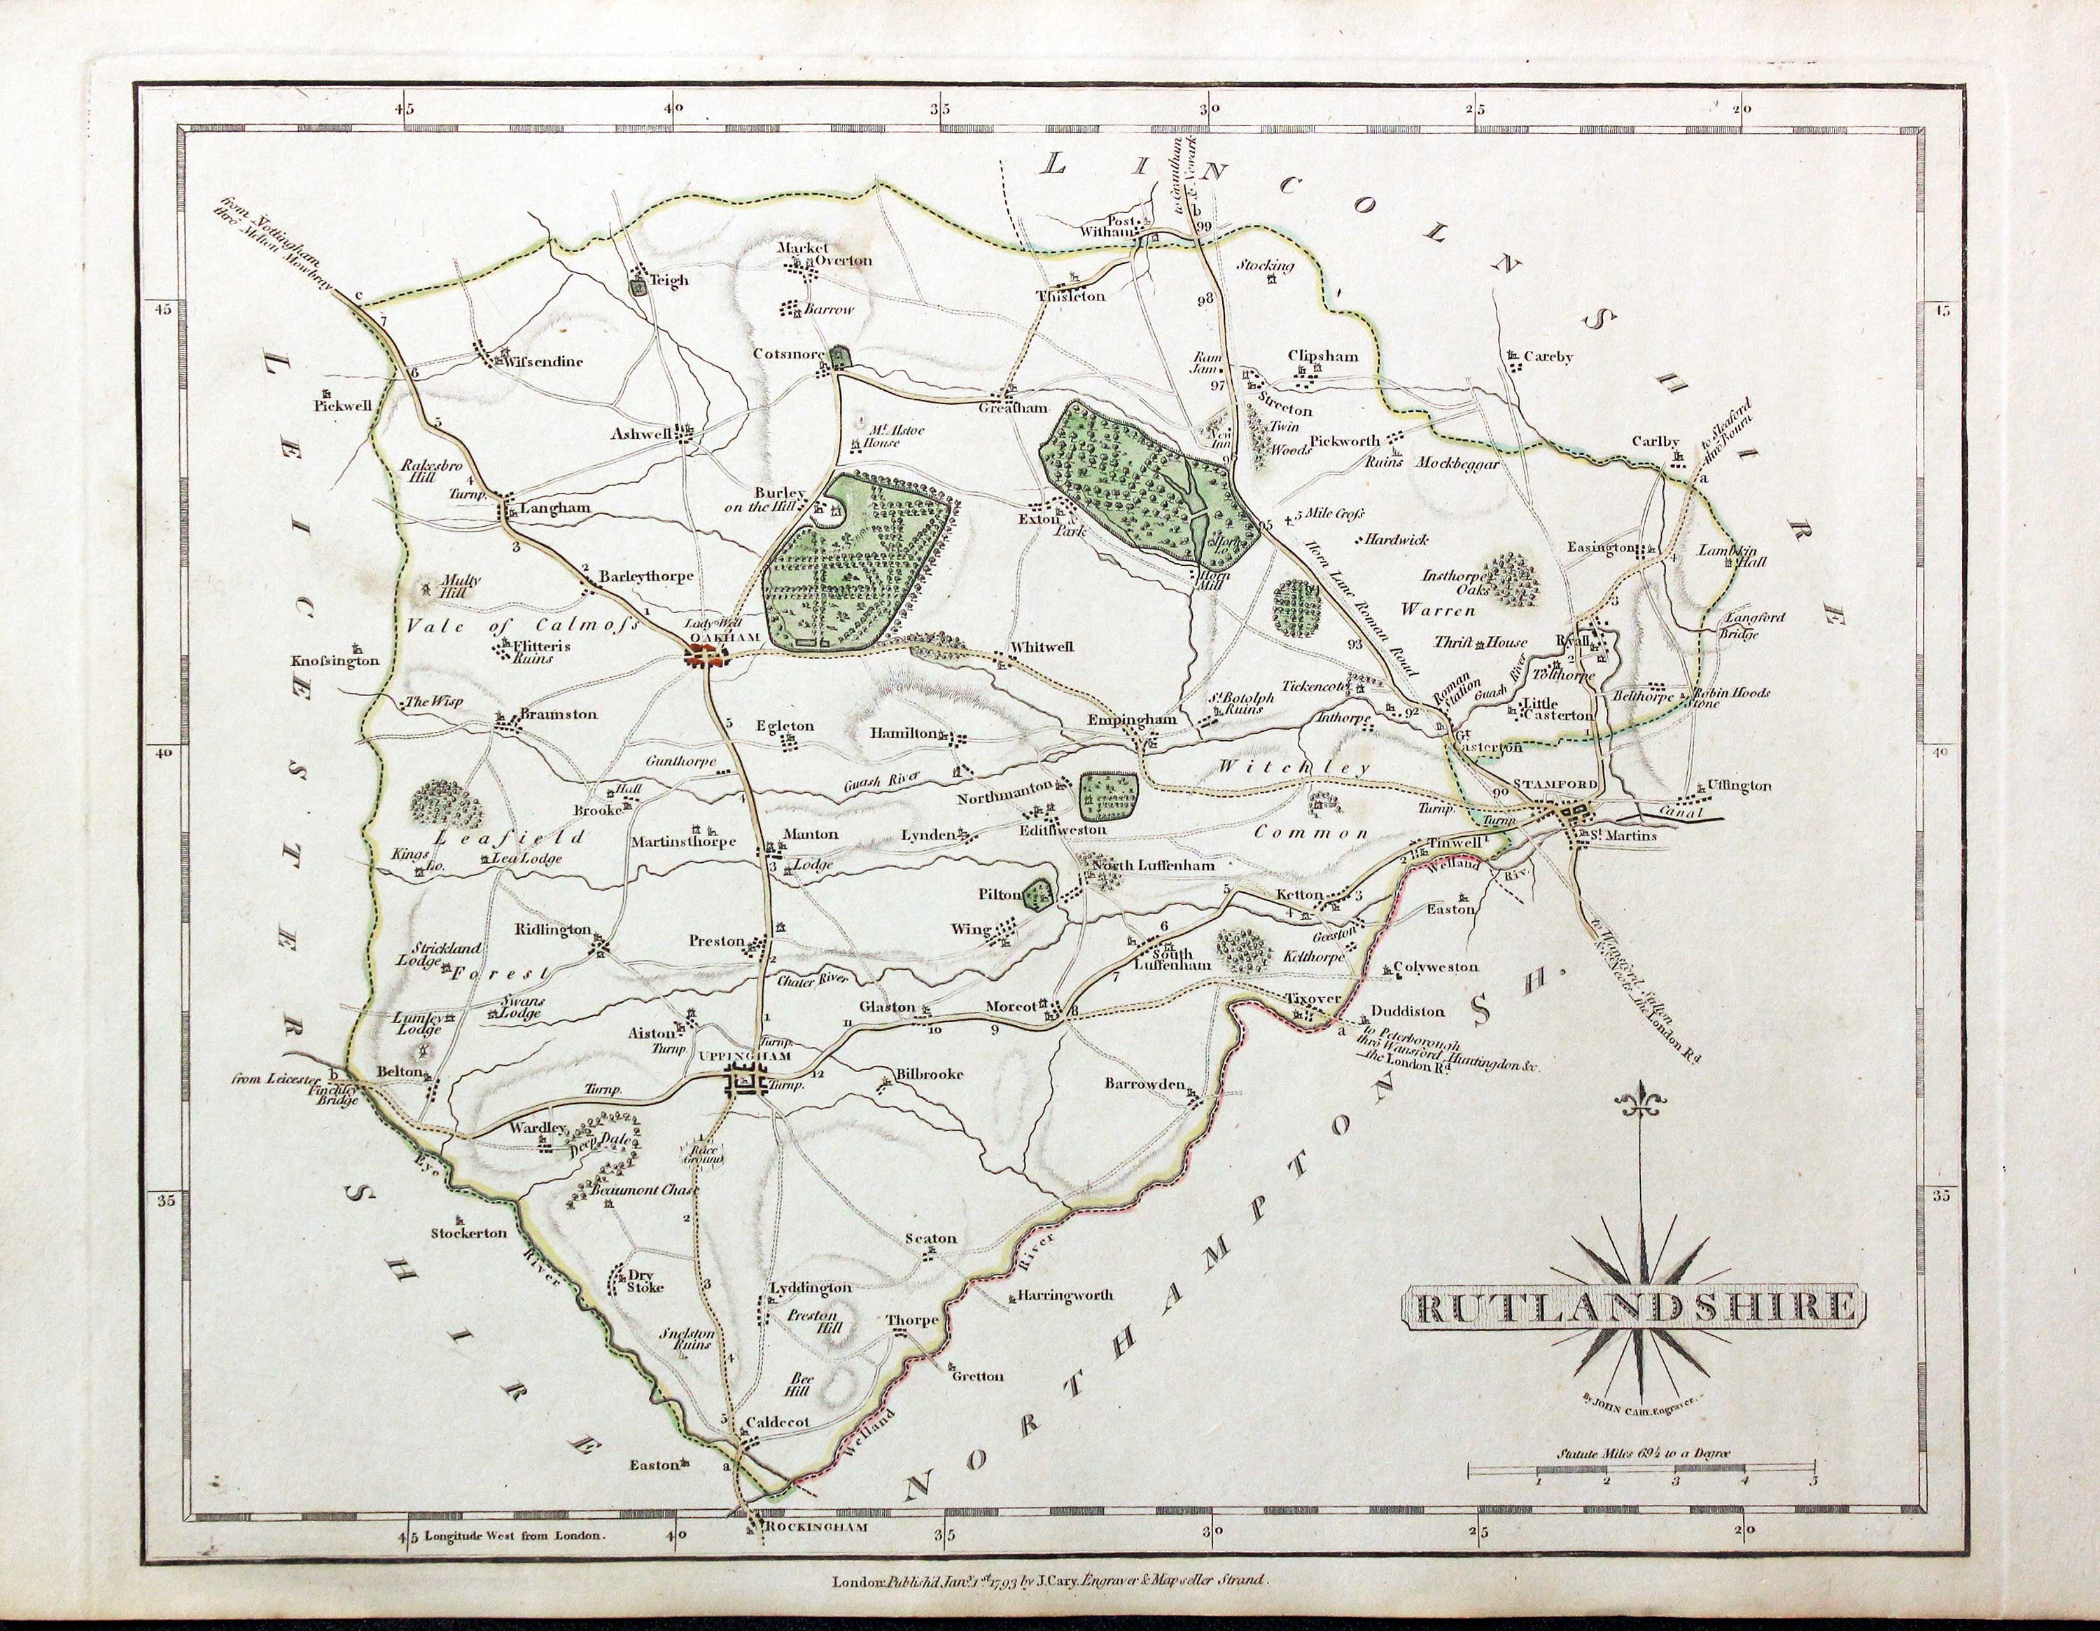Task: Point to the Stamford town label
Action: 1555,784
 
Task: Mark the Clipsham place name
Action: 1323,356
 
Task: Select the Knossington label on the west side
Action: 335,660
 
